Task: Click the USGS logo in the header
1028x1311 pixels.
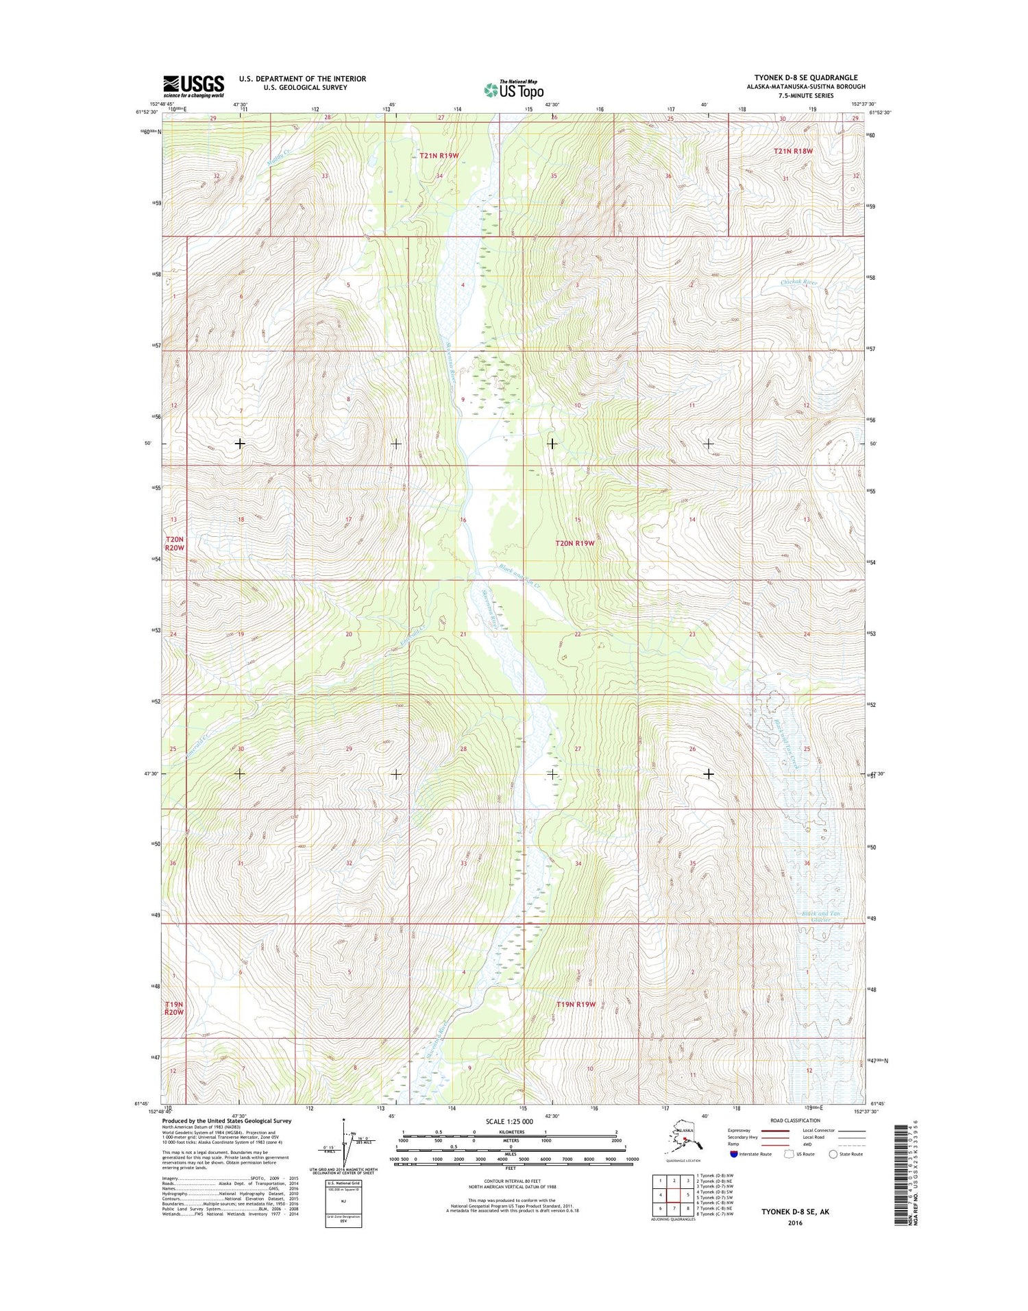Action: pyautogui.click(x=193, y=85)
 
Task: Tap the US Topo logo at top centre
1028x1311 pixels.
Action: pyautogui.click(x=513, y=89)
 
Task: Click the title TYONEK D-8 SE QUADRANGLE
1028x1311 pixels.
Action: pyautogui.click(x=805, y=77)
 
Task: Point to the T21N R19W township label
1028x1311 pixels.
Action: pyautogui.click(x=439, y=156)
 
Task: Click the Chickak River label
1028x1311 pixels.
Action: pyautogui.click(x=798, y=282)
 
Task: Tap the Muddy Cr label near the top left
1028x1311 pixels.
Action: pyautogui.click(x=278, y=160)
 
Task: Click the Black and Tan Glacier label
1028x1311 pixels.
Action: pyautogui.click(x=820, y=916)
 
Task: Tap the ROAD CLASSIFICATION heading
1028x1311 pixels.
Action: pyautogui.click(x=794, y=1120)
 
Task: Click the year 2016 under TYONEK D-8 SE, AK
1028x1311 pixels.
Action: pyautogui.click(x=795, y=1223)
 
